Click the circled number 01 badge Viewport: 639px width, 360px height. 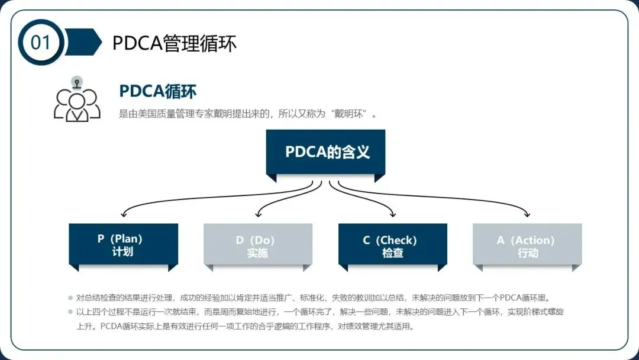41,43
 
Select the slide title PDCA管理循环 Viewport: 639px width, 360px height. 175,43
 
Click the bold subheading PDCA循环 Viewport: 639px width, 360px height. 157,91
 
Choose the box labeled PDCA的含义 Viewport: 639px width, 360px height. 327,152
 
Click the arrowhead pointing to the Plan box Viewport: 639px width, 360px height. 123,214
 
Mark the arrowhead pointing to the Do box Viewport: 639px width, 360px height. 259,214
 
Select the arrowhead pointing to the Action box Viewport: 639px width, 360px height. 527,214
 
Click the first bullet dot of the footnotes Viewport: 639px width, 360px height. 70,297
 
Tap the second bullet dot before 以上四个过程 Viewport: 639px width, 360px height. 70,312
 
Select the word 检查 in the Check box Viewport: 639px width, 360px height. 392,253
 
